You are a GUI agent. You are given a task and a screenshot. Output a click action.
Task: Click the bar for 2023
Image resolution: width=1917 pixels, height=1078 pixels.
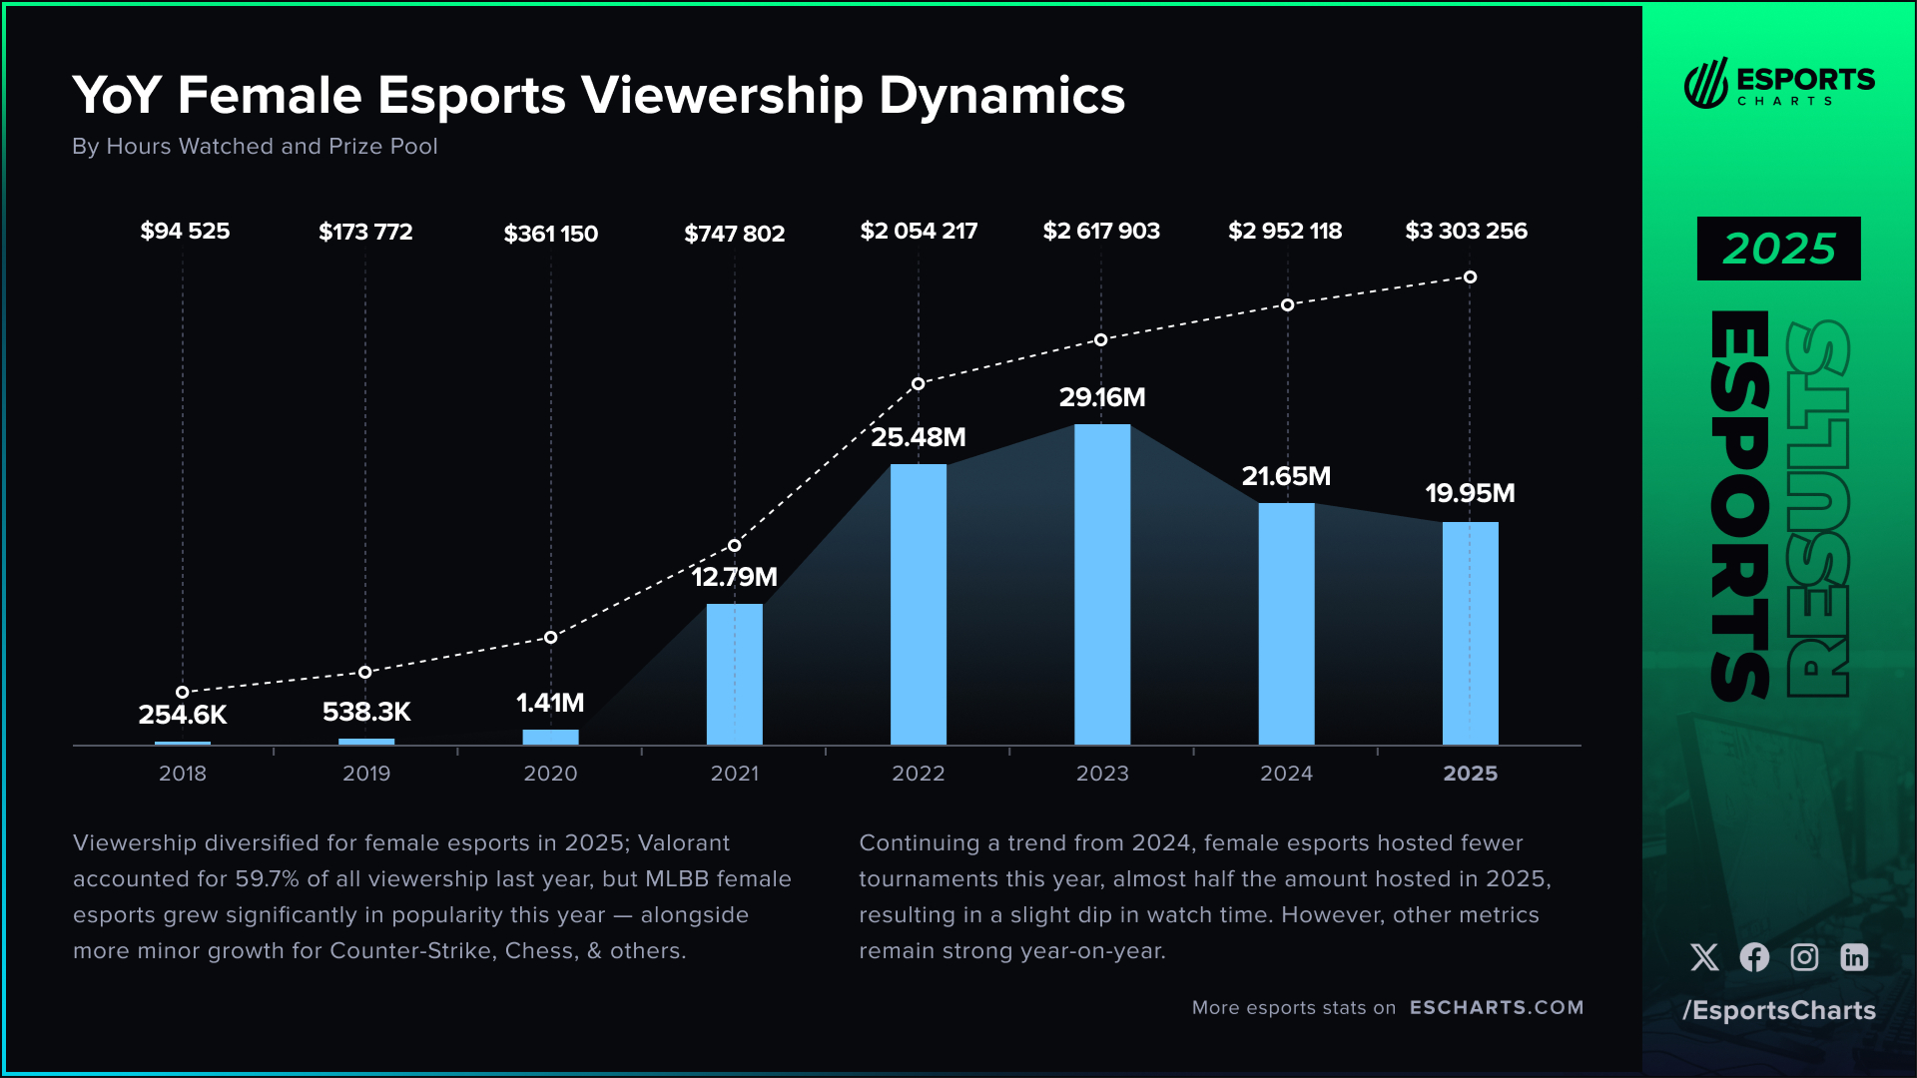click(x=1102, y=584)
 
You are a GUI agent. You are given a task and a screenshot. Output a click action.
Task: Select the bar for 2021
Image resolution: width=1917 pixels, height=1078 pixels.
click(x=734, y=674)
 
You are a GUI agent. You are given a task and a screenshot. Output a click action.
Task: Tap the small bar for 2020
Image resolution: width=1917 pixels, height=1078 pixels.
click(x=550, y=737)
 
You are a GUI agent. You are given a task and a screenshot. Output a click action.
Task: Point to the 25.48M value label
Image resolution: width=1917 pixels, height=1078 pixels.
click(x=918, y=437)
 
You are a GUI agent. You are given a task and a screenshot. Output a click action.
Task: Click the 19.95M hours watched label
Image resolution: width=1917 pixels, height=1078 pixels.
click(x=1470, y=493)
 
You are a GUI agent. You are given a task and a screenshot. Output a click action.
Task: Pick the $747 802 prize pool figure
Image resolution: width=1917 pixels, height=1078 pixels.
click(x=734, y=234)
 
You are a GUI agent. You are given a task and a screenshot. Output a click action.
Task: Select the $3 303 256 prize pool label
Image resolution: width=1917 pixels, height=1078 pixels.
click(x=1466, y=231)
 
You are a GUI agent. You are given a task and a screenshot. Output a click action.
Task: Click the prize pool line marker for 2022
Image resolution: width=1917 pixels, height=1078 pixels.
click(x=918, y=383)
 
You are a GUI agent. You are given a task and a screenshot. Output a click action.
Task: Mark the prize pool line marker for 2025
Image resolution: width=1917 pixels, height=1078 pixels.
click(x=1470, y=276)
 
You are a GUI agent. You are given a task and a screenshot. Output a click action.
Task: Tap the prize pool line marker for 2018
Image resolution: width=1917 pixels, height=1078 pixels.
click(x=183, y=692)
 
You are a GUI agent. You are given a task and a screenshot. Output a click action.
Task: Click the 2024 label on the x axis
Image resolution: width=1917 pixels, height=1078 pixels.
click(x=1286, y=774)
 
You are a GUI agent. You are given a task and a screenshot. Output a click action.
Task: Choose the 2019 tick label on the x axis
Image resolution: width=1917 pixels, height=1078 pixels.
click(x=366, y=774)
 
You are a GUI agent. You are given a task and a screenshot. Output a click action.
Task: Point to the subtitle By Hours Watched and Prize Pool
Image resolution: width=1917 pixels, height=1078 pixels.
click(x=255, y=146)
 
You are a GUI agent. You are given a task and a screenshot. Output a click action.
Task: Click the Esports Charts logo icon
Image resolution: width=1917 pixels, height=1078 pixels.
click(x=1705, y=83)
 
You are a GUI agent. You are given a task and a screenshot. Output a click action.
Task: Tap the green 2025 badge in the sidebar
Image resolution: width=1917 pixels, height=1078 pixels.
click(x=1778, y=249)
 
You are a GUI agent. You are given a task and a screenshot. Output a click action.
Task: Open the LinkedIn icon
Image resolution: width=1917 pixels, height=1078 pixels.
click(x=1854, y=957)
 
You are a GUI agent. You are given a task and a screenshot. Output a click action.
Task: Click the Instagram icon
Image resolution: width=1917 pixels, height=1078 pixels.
click(x=1804, y=957)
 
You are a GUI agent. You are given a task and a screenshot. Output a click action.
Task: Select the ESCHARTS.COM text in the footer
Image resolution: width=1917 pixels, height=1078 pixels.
click(x=1496, y=1007)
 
